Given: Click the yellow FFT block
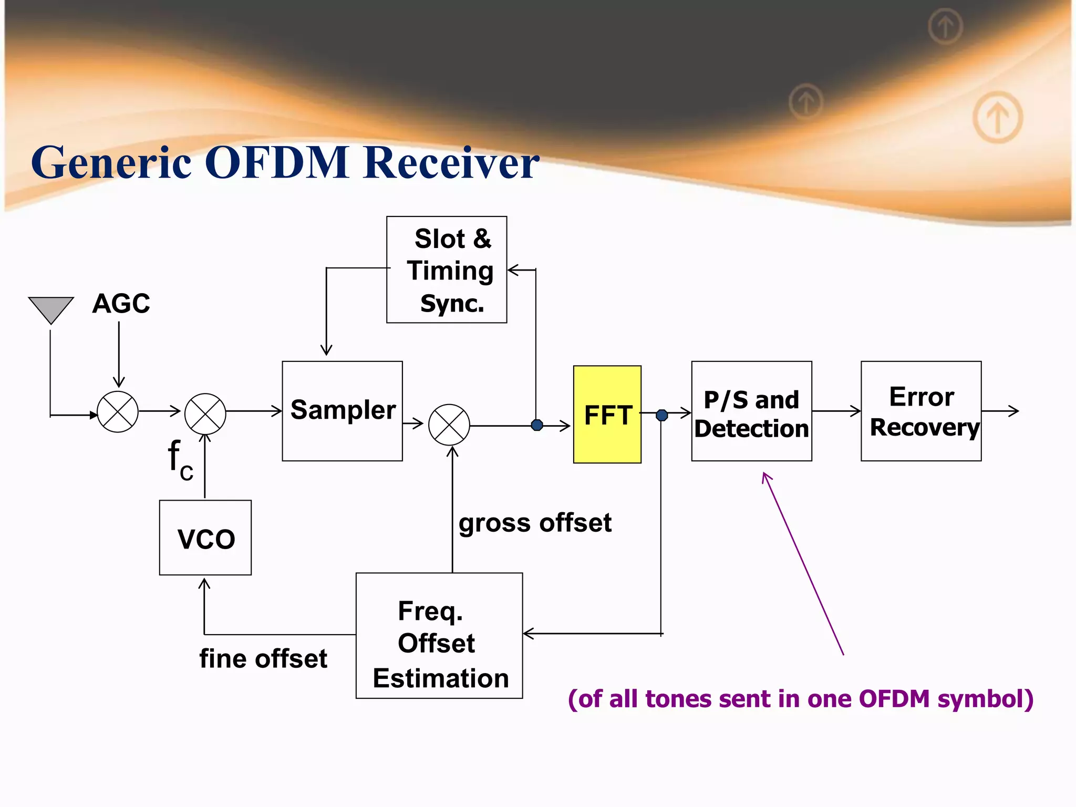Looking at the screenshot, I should coord(607,414).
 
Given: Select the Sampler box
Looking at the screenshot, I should coord(342,411).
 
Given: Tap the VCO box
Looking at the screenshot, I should coord(205,537).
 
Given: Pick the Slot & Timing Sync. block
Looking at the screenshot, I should coord(447,270).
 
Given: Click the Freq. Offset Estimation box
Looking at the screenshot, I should coord(439,636).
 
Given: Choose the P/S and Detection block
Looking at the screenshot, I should coord(751,411).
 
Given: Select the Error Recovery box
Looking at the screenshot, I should coord(920,411).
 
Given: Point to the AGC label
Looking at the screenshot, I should coord(121,304).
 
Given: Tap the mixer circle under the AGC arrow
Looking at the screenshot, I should coord(118,412).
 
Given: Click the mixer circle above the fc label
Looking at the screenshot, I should coord(205,414).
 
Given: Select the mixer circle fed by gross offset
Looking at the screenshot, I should coord(449,425).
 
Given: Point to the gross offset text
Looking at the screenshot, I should coord(535,523).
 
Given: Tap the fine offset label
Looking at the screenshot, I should coord(263,658).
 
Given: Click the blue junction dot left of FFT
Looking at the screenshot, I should coord(537,425).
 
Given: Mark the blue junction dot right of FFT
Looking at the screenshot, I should coord(662,415).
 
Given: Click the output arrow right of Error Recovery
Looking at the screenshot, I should coord(1001,411).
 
